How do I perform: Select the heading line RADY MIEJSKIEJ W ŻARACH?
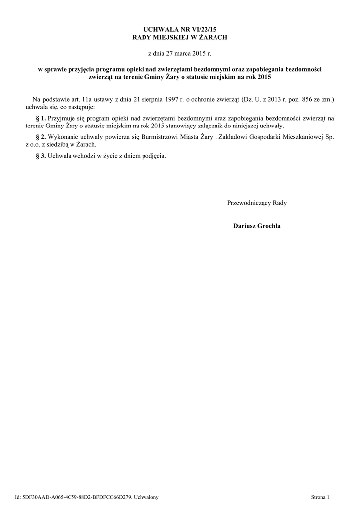[180, 38]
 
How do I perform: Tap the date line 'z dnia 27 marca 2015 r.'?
[180, 52]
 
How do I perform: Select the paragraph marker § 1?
[41, 118]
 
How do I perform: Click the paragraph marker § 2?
[41, 136]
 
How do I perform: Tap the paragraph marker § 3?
[41, 155]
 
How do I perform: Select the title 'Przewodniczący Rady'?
[257, 203]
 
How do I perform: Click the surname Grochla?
[268, 226]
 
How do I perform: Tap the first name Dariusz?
[244, 226]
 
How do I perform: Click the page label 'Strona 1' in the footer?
[320, 497]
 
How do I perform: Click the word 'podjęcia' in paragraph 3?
[154, 155]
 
